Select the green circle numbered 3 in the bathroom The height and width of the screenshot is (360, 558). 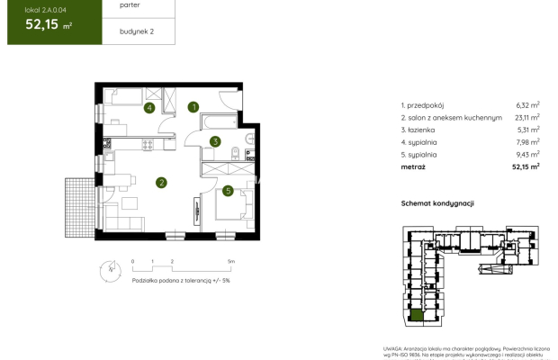[x=215, y=141]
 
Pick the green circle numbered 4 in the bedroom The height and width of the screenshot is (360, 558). [x=149, y=108]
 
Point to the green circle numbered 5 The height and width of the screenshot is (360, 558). [x=229, y=190]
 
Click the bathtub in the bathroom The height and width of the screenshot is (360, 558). [x=219, y=121]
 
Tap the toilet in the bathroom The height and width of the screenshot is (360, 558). [x=234, y=152]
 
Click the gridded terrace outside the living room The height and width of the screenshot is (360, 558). [x=78, y=205]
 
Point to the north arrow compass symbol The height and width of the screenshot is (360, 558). [x=110, y=267]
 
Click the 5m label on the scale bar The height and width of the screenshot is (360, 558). [x=231, y=261]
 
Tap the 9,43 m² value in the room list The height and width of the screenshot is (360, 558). [x=527, y=154]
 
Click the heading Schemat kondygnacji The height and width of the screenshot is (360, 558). [x=437, y=204]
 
